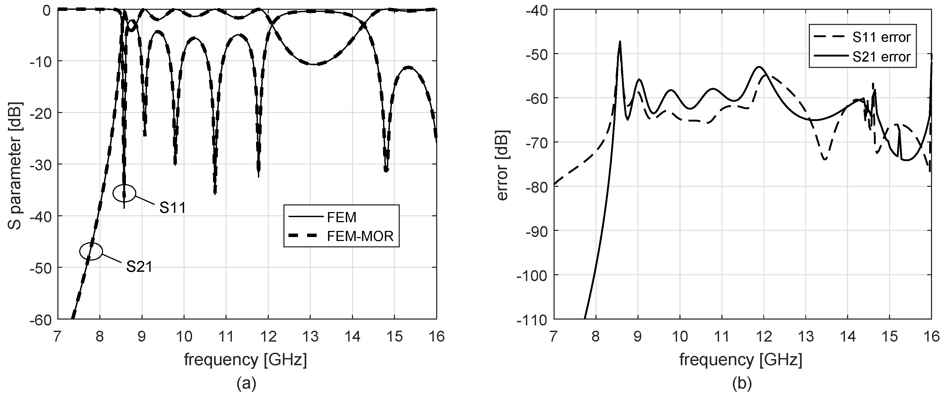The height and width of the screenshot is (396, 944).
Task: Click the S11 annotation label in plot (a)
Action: pos(172,208)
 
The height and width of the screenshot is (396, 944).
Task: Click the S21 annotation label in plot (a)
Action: pos(139,267)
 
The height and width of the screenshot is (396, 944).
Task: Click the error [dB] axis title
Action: pos(503,165)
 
